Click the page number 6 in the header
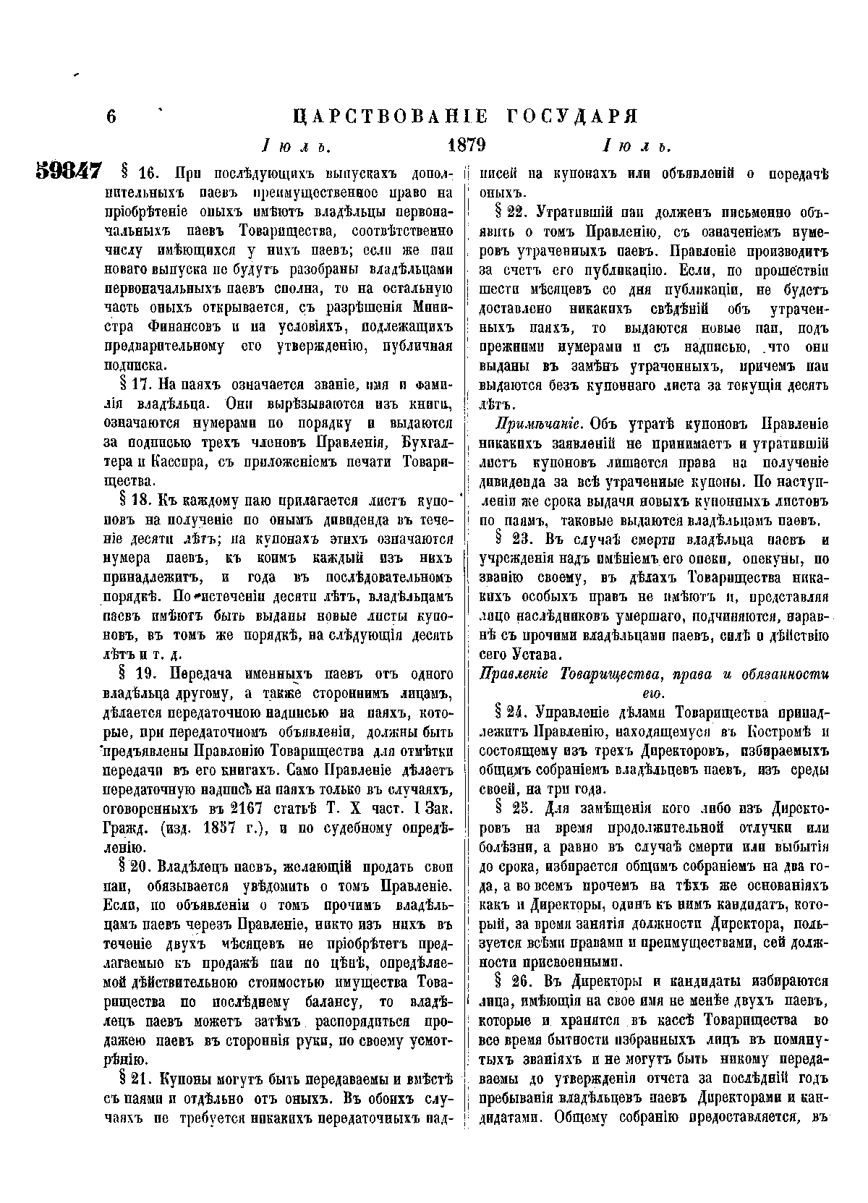coord(111,116)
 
